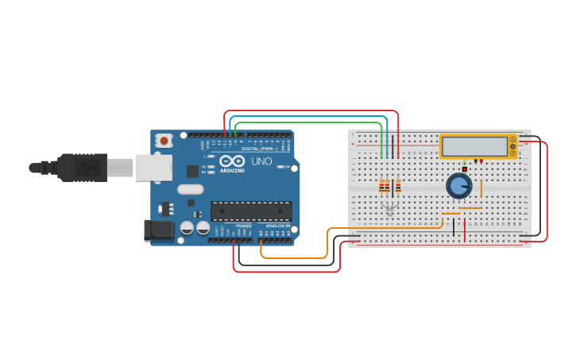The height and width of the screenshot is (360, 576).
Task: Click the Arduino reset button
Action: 164,141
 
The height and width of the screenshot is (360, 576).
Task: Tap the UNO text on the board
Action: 262,161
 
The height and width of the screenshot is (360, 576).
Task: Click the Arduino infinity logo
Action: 232,161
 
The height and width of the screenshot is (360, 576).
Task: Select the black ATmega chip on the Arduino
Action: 251,211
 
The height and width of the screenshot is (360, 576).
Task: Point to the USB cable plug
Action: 79,168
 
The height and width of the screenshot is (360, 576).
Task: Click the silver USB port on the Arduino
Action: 153,168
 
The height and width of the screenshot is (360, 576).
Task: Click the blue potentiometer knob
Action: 458,186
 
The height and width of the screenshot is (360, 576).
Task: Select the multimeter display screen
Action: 475,146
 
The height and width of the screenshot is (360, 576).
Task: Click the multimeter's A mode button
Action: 513,140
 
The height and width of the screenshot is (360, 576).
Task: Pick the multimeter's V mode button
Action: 513,146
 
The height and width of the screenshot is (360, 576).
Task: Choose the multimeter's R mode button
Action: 513,153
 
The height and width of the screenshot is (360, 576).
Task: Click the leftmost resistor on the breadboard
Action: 381,187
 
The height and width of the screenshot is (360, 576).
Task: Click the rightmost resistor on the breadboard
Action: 398,187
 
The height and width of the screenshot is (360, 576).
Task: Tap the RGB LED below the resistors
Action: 389,208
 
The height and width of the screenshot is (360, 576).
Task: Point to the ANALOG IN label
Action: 277,226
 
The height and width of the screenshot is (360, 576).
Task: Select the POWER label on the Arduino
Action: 243,226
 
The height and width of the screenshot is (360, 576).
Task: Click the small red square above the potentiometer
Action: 465,168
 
